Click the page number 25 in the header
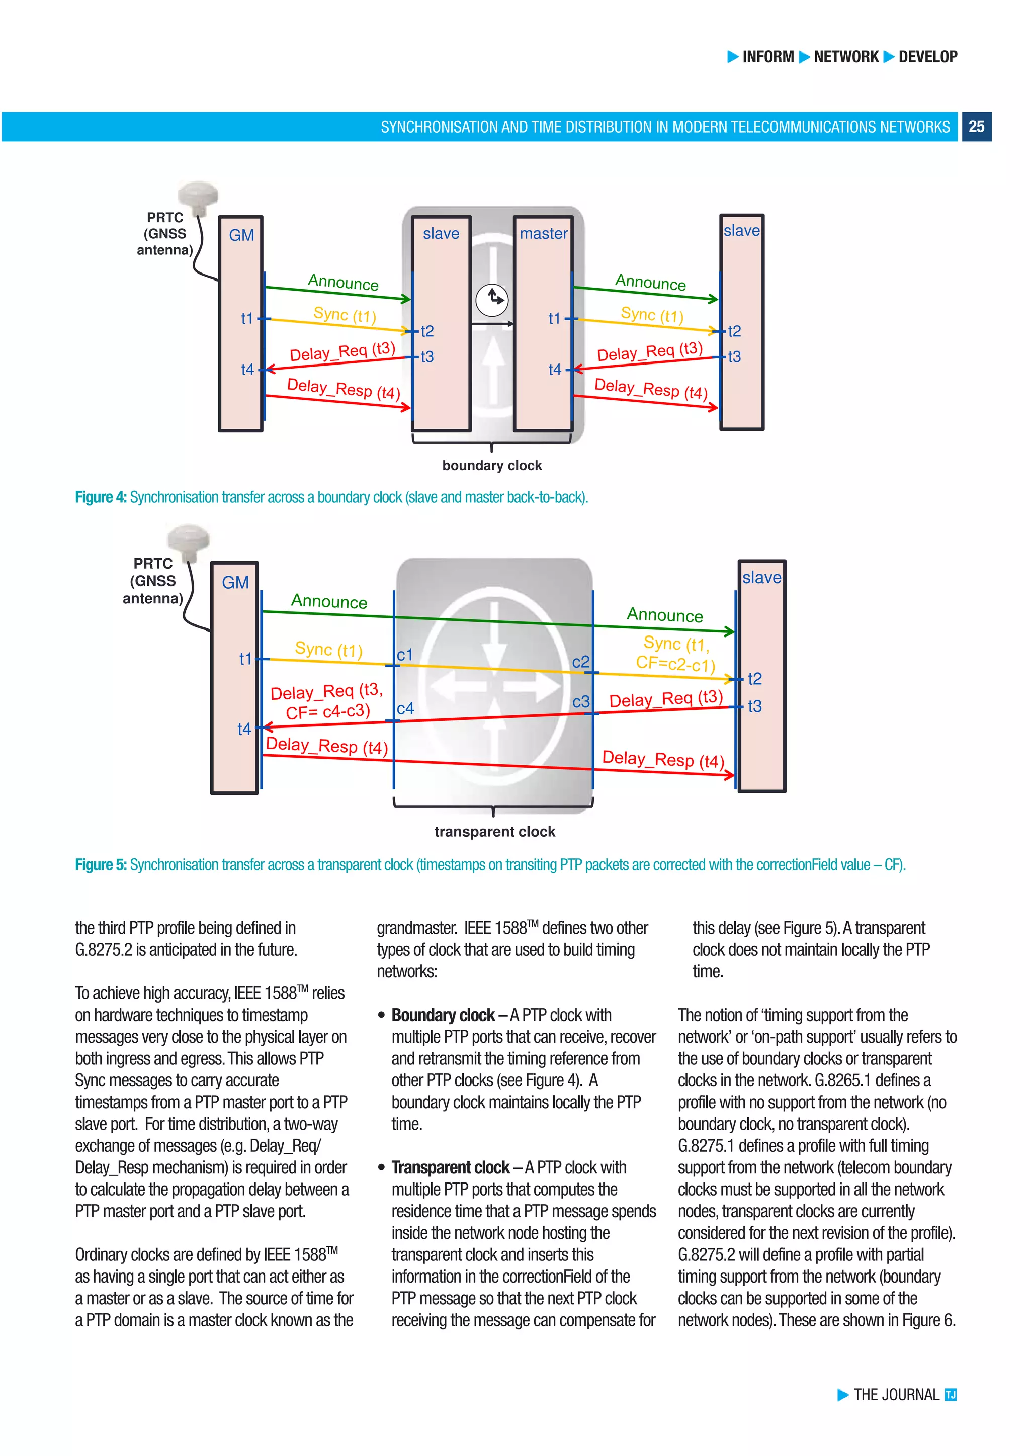point(976,127)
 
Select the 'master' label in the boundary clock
point(544,234)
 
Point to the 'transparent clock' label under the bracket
point(495,832)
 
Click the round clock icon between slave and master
point(492,299)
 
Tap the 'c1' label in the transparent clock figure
point(405,655)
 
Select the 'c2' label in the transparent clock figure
point(580,662)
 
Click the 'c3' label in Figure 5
point(581,702)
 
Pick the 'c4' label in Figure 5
point(405,708)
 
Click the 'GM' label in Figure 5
point(235,583)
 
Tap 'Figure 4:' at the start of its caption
point(101,497)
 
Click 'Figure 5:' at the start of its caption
point(101,865)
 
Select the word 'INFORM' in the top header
point(768,57)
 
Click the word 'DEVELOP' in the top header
point(927,57)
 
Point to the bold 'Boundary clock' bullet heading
point(443,1015)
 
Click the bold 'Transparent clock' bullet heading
point(450,1167)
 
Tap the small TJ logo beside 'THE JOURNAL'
point(950,1395)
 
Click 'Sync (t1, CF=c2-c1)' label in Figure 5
point(676,654)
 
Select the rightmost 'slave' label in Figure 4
point(741,231)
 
